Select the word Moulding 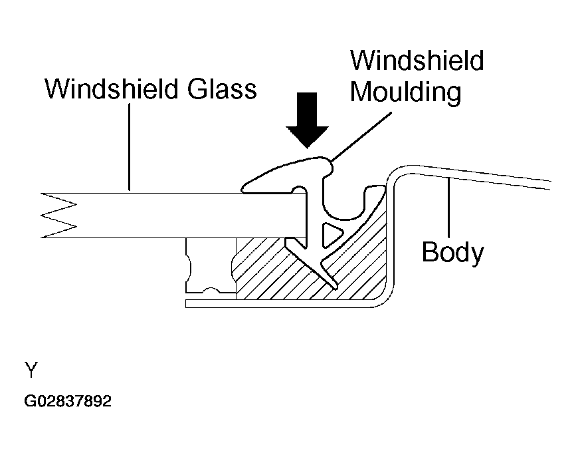(x=405, y=91)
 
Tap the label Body (x=452, y=252)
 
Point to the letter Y (x=31, y=369)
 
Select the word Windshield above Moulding (x=417, y=61)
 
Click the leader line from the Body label (x=452, y=206)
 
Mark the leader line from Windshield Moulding (x=362, y=136)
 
